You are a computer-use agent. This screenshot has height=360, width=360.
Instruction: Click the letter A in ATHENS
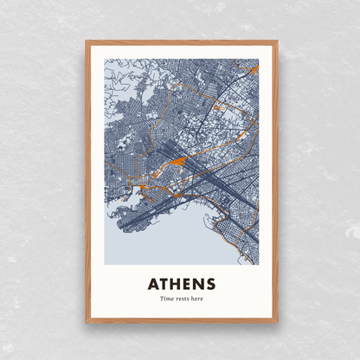(x=153, y=284)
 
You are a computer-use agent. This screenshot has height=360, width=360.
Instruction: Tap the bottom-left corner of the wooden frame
(x=87, y=322)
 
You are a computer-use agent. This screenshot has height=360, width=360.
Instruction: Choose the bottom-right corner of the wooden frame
(x=277, y=322)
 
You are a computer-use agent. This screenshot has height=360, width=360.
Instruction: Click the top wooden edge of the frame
(x=182, y=42)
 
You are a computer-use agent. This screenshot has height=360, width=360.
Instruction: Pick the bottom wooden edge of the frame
(x=182, y=321)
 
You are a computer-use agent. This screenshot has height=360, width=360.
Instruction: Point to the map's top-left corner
(x=105, y=60)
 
